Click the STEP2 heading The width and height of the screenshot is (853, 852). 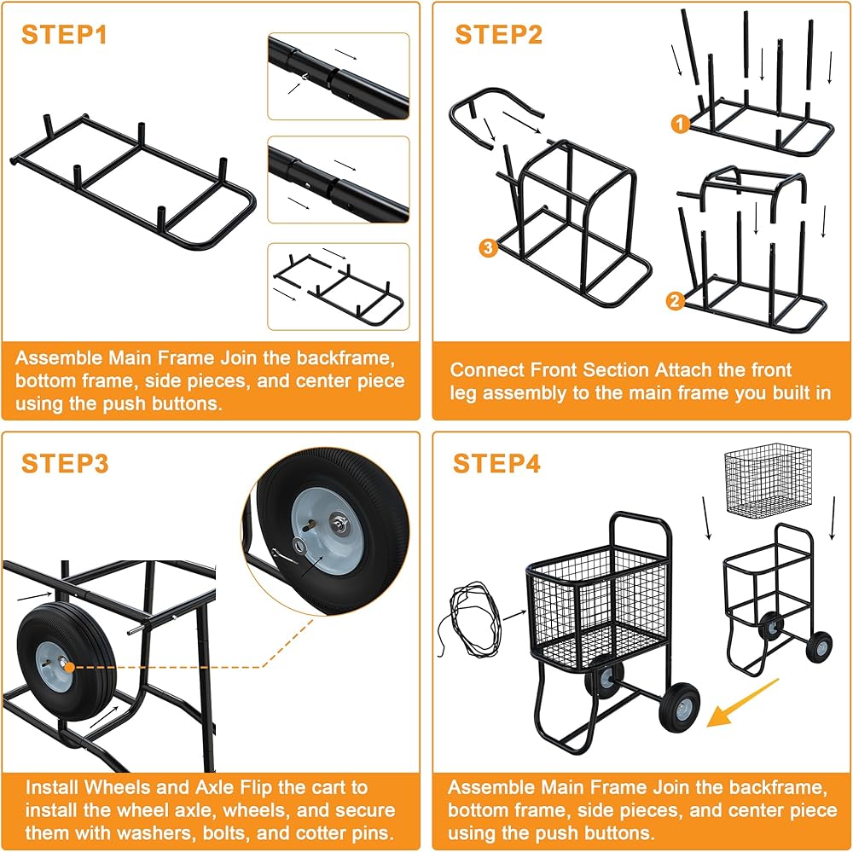499,35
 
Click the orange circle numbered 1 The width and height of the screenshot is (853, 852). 679,125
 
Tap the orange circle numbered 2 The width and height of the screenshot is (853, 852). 676,300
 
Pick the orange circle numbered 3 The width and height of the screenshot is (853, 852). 487,248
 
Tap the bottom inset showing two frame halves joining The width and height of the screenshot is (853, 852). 339,286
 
